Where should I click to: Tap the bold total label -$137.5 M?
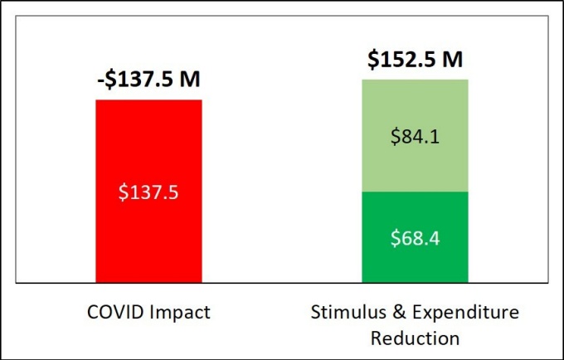[149, 80]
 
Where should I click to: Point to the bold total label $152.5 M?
[416, 60]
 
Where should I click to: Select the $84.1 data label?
[416, 136]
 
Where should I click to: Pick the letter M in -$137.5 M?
[192, 80]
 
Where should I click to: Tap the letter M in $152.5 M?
[453, 60]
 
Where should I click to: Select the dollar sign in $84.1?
[396, 136]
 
